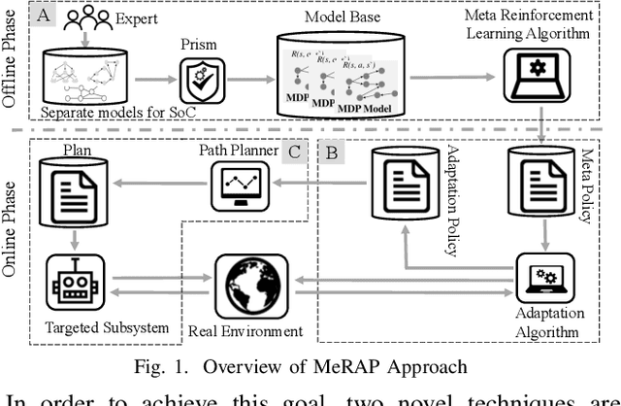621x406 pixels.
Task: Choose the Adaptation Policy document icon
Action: coord(401,186)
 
